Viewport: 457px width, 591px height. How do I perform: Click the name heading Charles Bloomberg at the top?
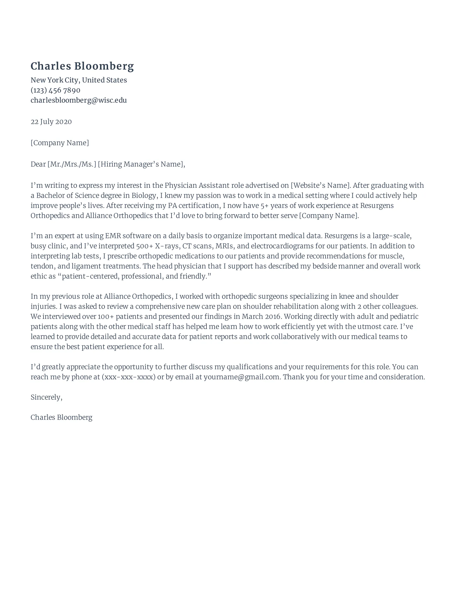[82, 66]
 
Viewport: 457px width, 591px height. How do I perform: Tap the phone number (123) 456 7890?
[55, 90]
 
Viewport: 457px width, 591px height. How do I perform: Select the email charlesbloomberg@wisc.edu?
[78, 100]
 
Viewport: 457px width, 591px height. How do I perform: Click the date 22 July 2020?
[51, 122]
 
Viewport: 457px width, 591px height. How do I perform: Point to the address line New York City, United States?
[78, 80]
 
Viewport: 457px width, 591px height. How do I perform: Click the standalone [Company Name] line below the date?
[60, 143]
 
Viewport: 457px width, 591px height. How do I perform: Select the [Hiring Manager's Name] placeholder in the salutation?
[141, 164]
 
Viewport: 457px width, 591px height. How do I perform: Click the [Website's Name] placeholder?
[320, 185]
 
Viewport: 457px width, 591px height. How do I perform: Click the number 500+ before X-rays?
[145, 246]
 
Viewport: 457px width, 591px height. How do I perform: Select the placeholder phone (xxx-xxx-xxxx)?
[128, 377]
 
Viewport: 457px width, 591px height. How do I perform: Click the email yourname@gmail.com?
[241, 377]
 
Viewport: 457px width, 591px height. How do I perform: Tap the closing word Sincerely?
[45, 397]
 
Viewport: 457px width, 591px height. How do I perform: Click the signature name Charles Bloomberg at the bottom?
[62, 417]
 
